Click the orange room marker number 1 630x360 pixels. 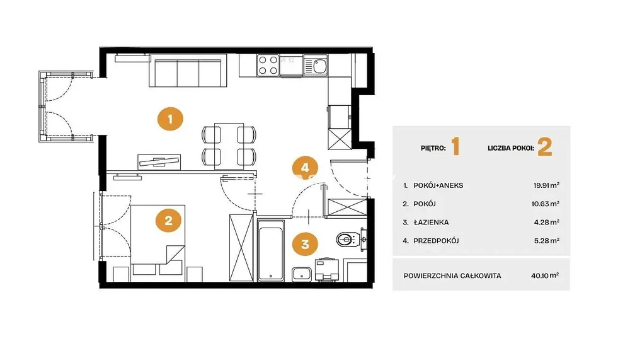pyautogui.click(x=170, y=119)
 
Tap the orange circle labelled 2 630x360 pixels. pyautogui.click(x=168, y=221)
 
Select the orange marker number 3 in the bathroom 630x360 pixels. pyautogui.click(x=305, y=244)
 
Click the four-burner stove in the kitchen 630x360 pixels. pyautogui.click(x=268, y=65)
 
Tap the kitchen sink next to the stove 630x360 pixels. pyautogui.click(x=316, y=65)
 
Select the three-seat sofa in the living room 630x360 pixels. pyautogui.click(x=188, y=71)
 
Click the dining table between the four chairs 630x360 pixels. pyautogui.click(x=229, y=146)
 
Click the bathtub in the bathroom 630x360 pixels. pyautogui.click(x=270, y=250)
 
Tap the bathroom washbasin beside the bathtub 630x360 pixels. pyautogui.click(x=301, y=274)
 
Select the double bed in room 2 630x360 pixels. pyautogui.click(x=158, y=240)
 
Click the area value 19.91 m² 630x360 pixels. pyautogui.click(x=546, y=185)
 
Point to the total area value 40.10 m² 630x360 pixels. pyautogui.click(x=545, y=276)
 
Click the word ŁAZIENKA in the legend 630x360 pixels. pyautogui.click(x=431, y=223)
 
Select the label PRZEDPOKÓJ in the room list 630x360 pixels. pyautogui.click(x=436, y=241)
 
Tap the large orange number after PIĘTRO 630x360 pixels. pyautogui.click(x=455, y=147)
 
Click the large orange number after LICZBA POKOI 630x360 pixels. pyautogui.click(x=545, y=147)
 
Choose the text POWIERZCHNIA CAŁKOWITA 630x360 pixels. pyautogui.click(x=452, y=276)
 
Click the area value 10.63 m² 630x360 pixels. pyautogui.click(x=545, y=204)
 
